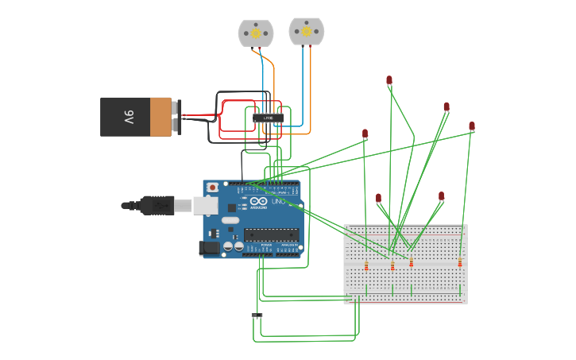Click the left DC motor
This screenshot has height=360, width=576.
pos(256,33)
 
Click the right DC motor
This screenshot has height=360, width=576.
pos(306,32)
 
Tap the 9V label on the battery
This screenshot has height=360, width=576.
pos(129,117)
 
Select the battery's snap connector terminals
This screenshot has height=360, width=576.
pos(177,117)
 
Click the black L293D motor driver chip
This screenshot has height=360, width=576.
pos(268,118)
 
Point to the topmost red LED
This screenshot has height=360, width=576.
pos(389,80)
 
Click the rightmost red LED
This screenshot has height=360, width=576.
pos(471,126)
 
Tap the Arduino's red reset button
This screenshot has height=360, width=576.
pos(212,188)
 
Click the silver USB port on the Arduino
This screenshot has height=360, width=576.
pos(205,206)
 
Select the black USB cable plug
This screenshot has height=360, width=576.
pos(157,206)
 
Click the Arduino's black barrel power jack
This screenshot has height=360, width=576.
pos(210,248)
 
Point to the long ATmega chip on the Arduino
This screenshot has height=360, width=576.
pos(271,234)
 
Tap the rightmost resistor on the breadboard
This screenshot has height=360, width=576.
pos(459,263)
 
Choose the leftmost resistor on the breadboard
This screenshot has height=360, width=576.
pos(366,266)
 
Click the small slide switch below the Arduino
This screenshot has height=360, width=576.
pos(257,315)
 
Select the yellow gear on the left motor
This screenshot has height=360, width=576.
pos(256,33)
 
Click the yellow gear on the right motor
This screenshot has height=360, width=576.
pos(307,32)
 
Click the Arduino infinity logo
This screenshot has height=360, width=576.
pos(259,202)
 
